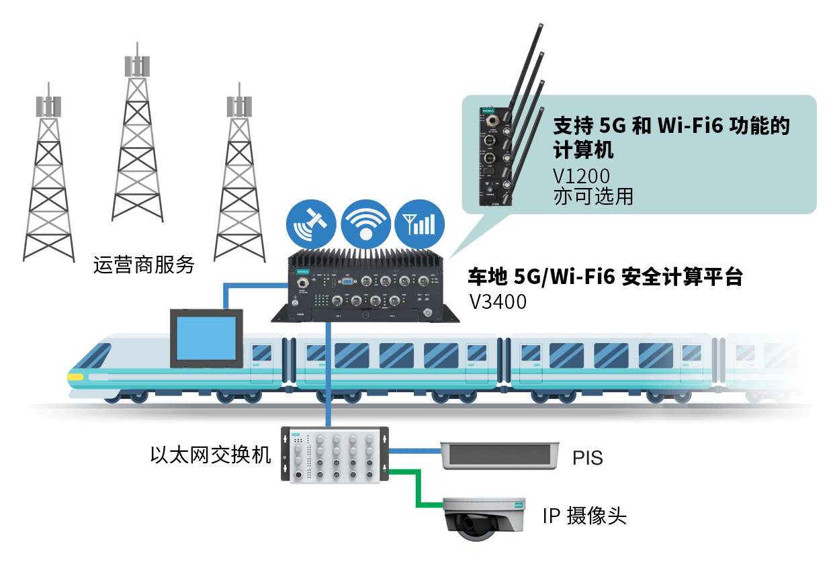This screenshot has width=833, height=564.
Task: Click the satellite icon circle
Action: point(310,224)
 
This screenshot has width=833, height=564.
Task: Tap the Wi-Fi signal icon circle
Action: point(365,224)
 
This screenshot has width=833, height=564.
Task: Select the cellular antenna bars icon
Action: point(419,224)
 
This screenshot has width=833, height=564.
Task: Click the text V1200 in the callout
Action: point(581,176)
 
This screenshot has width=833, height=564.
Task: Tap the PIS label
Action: point(587,459)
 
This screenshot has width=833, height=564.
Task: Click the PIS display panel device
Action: point(498,456)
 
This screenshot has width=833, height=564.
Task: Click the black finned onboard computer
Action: point(367,285)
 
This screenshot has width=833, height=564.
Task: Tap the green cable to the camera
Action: point(416,487)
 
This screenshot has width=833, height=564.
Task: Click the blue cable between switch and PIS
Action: point(413,451)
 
